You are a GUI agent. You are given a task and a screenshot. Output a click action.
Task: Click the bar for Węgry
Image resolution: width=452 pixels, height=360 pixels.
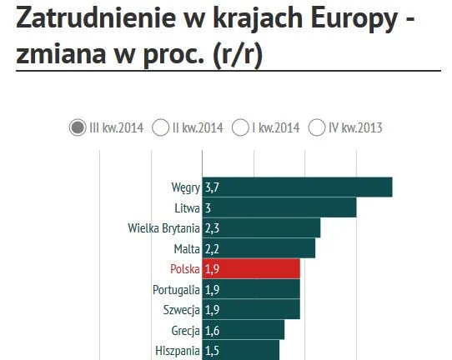(x=297, y=187)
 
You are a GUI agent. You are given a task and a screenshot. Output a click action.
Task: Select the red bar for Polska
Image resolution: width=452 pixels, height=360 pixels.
(x=251, y=268)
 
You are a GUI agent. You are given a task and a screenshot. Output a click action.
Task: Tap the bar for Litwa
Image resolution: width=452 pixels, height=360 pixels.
(x=279, y=207)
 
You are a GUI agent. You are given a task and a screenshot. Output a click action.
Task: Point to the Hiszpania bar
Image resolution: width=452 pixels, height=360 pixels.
(x=241, y=350)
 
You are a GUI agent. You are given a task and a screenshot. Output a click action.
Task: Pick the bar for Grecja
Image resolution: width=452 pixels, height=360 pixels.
(x=244, y=330)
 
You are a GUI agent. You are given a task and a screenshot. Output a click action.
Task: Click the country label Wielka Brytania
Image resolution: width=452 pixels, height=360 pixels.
(x=163, y=227)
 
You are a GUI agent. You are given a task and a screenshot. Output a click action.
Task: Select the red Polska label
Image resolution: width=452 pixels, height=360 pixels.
(x=184, y=268)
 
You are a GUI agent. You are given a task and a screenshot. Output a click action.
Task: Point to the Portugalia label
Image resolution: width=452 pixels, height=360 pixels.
(x=176, y=289)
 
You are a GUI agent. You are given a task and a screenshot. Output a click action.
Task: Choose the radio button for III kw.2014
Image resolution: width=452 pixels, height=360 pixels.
(x=78, y=127)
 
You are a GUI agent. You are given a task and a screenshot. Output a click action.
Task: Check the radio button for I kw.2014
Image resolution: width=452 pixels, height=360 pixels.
(x=239, y=127)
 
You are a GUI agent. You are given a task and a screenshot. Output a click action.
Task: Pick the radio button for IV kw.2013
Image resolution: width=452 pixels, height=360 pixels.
(x=317, y=127)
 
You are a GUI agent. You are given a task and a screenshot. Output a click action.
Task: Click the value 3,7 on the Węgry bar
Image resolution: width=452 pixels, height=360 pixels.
(x=212, y=187)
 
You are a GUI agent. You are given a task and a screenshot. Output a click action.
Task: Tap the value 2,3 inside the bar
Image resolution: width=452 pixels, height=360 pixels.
(x=212, y=227)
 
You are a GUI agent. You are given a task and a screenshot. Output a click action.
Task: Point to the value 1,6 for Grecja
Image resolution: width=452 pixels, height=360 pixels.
(x=212, y=330)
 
